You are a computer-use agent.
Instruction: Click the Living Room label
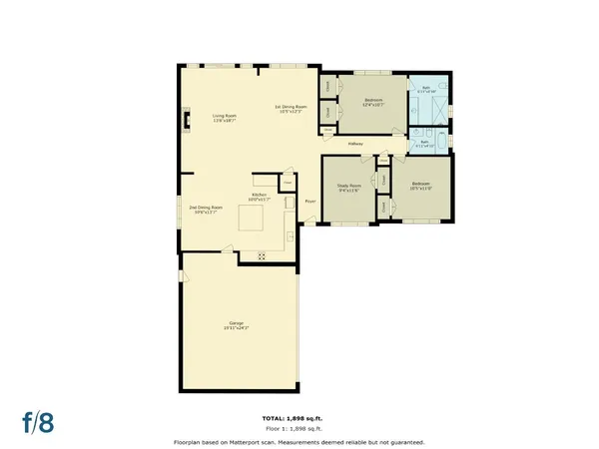pos(224,118)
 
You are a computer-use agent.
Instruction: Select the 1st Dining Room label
pos(291,109)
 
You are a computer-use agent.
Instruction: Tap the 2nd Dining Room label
pos(206,209)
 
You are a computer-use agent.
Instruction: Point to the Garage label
pos(237,325)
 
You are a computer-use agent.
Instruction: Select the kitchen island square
pos(252,219)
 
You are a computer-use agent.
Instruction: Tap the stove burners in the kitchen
pos(262,255)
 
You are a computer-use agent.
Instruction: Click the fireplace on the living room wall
pos(184,123)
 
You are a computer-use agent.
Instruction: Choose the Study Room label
pos(347,188)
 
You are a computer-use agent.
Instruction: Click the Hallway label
pos(354,145)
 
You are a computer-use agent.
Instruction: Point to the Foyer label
pos(310,200)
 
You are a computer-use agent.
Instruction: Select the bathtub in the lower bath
pos(426,146)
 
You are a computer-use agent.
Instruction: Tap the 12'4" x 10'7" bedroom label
pos(374,102)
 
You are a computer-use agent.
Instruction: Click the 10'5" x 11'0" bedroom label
pos(420,186)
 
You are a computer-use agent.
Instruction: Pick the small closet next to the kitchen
pos(286,183)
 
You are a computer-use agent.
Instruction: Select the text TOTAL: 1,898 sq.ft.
pos(299,417)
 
